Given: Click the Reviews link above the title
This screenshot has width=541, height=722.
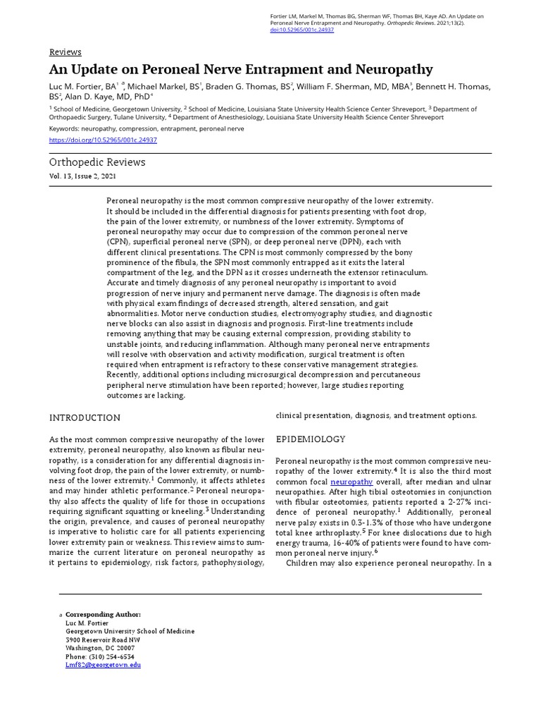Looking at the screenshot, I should [65, 52].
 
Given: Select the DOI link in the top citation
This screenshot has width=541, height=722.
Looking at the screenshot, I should [302, 30].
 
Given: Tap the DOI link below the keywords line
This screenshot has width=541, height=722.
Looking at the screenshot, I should [103, 140].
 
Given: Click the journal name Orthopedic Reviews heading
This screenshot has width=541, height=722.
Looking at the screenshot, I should [97, 162].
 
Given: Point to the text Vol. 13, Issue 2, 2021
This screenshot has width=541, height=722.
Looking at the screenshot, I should [82, 176].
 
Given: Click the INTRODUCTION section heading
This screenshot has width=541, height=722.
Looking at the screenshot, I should [85, 418].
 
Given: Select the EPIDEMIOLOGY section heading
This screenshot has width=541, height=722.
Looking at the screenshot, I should [310, 439].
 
